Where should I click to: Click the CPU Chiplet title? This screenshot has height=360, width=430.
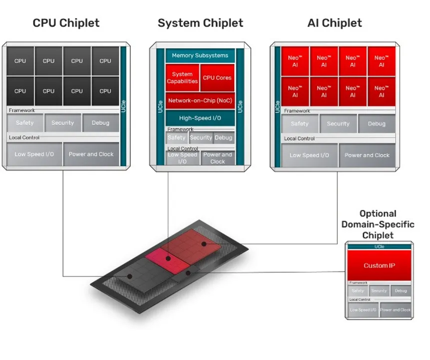click(66, 23)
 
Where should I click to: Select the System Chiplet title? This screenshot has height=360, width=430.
click(200, 23)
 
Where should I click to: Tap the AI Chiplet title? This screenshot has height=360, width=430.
click(335, 23)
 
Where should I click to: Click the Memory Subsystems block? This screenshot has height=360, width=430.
click(200, 55)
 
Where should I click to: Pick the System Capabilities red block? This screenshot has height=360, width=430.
click(182, 77)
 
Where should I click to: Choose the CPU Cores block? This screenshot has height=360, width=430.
click(217, 77)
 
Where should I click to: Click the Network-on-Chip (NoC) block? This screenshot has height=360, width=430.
click(200, 100)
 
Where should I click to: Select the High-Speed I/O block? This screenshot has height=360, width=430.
click(200, 118)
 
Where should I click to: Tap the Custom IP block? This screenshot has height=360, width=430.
click(379, 265)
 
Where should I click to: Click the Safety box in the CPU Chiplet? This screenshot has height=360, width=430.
click(25, 123)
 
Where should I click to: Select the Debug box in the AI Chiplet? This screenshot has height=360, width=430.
click(377, 123)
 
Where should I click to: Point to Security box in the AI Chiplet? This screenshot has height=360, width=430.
click(338, 123)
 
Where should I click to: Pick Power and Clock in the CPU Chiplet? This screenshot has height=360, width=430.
click(91, 154)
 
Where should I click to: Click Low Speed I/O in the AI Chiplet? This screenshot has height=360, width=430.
click(309, 155)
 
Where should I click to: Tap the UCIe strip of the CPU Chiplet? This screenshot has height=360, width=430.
click(123, 105)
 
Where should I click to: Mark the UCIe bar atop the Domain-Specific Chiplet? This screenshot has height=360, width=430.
click(379, 246)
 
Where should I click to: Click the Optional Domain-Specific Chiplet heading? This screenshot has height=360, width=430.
click(378, 224)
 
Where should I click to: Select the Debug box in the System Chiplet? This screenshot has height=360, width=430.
click(223, 137)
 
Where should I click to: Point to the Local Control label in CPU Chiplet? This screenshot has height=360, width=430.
click(24, 137)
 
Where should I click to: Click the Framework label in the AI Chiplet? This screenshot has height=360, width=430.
click(297, 111)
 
